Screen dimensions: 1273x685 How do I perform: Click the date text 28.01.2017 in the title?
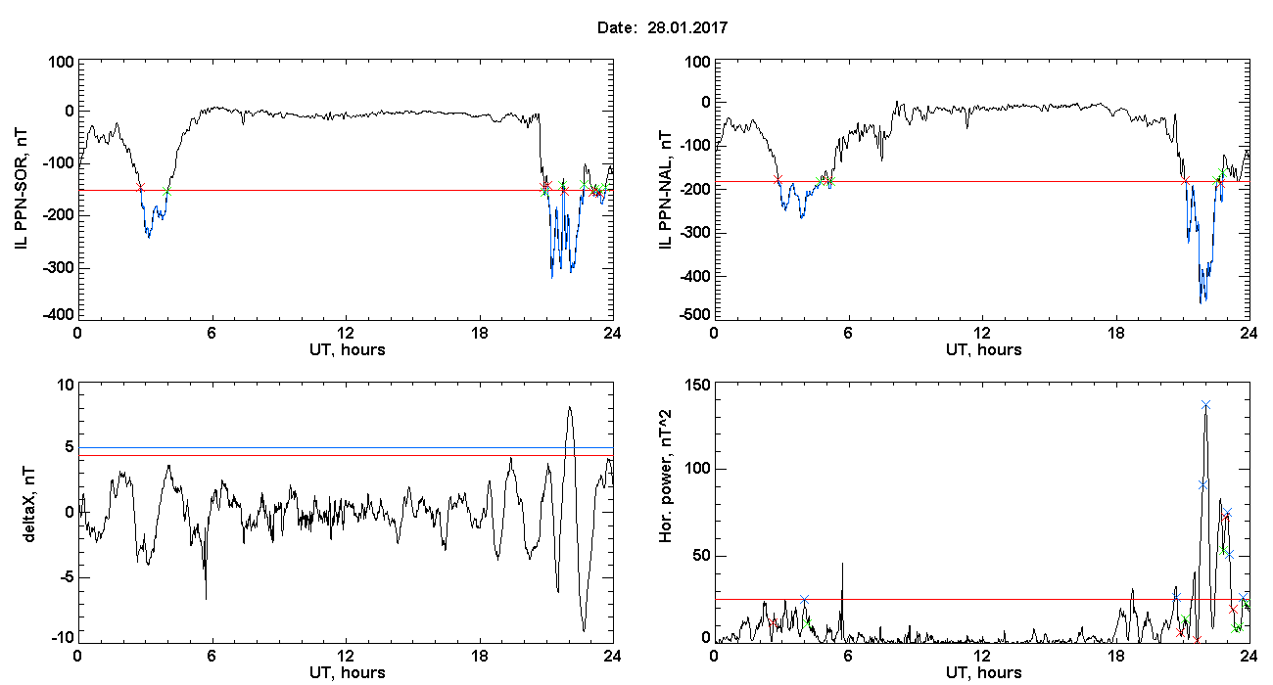pos(687,27)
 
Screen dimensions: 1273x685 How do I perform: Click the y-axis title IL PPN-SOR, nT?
pos(21,190)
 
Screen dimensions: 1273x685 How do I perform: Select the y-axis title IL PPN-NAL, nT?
pos(665,190)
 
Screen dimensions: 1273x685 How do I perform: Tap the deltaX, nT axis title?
pos(29,504)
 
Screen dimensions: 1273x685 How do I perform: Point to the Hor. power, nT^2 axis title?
pos(665,476)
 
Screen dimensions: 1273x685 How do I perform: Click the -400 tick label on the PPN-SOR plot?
pos(58,315)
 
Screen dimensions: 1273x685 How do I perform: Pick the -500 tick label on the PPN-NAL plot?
pos(694,315)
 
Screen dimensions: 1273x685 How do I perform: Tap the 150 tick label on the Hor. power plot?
pos(698,386)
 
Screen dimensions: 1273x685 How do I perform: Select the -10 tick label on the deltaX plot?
pos(63,638)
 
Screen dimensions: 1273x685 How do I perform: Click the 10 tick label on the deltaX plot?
pos(66,386)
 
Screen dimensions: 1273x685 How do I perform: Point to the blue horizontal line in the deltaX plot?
pos(346,448)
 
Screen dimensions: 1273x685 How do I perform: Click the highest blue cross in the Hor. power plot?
pos(1205,405)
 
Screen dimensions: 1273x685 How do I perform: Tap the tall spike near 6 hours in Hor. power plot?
pos(842,564)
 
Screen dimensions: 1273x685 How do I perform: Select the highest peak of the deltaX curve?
pos(570,407)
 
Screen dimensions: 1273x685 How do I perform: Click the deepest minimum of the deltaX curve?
pos(584,630)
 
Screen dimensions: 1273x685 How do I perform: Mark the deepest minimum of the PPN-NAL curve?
pos(1201,303)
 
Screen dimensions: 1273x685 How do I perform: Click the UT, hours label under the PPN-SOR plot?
pos(348,350)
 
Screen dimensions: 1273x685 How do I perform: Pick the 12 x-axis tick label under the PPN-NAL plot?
pos(981,333)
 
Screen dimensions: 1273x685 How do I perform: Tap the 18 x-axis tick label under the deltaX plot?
pos(480,656)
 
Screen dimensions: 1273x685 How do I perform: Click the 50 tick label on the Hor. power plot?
pos(701,556)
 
